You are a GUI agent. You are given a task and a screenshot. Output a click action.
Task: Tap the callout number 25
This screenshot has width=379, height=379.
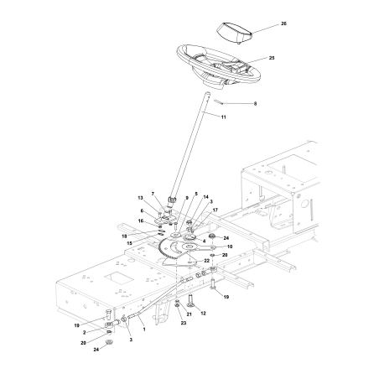(271, 59)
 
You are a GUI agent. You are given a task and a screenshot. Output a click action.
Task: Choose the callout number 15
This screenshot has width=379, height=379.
(153, 244)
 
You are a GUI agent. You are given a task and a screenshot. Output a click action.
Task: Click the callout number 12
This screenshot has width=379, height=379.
(202, 314)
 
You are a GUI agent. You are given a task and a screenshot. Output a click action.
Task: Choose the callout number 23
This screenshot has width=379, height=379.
(183, 323)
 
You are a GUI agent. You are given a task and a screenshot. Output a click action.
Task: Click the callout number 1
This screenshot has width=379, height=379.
(143, 330)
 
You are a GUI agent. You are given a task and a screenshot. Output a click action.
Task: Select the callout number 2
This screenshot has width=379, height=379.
(84, 333)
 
